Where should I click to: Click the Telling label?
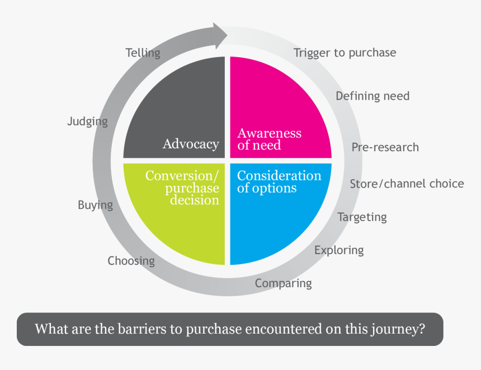pos(143,53)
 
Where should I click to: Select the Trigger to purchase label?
pos(345,53)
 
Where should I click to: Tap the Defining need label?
pos(372,96)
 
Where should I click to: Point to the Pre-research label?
pos(385,147)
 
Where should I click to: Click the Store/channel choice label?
pos(407,184)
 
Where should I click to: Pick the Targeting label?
pos(362,217)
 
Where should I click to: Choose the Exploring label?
pos(339,250)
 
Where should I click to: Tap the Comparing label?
pos(283,283)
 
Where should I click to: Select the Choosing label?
pos(131,261)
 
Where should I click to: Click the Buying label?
pos(95,205)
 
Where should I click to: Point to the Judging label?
pos(87,121)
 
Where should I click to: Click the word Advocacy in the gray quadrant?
pos(191,144)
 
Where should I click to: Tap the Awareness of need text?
pos(269,139)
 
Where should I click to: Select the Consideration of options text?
pos(279,182)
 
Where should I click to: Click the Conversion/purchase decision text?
pos(182,188)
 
